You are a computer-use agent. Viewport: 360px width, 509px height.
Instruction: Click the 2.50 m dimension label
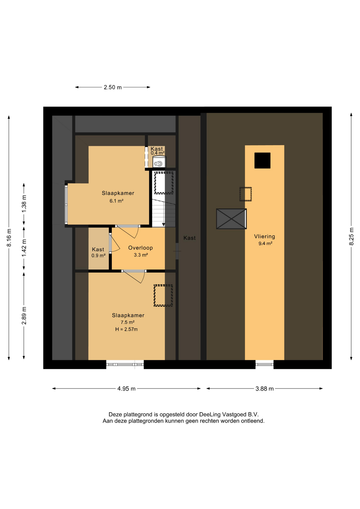tap(113, 87)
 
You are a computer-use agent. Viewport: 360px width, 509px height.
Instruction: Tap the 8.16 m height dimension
tap(9, 238)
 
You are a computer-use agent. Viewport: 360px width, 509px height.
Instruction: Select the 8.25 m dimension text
tap(352, 236)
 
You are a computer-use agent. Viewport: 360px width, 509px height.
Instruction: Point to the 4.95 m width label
tap(126, 389)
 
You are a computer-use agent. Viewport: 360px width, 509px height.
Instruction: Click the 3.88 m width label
tap(264, 389)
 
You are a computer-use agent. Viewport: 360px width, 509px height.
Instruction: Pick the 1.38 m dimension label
tap(24, 204)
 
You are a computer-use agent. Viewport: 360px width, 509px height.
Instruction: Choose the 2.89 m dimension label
tap(24, 315)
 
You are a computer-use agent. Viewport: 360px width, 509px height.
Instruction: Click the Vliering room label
tap(264, 236)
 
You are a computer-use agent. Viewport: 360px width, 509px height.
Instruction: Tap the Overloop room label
tap(141, 248)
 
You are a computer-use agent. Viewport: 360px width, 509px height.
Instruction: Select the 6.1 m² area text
tap(116, 201)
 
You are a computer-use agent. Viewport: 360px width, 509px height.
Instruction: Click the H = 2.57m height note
tap(126, 329)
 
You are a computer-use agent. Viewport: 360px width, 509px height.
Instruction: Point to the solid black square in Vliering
tap(262, 160)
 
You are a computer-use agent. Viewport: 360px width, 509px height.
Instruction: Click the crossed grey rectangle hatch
tap(231, 219)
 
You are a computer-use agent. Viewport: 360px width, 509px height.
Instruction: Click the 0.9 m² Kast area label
tap(98, 256)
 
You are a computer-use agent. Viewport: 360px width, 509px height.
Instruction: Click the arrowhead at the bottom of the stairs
tap(164, 225)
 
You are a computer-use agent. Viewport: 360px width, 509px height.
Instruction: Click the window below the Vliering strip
tap(264, 365)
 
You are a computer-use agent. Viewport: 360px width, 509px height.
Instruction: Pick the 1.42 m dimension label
tap(24, 248)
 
